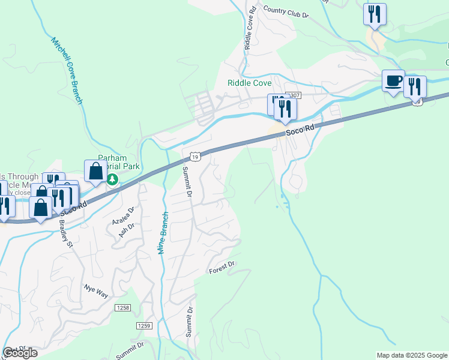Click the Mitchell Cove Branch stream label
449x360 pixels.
tap(66, 71)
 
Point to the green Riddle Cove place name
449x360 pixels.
tap(250, 83)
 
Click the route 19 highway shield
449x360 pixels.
tap(194, 157)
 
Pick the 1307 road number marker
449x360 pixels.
tap(292, 95)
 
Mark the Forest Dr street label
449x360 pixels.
tap(221, 268)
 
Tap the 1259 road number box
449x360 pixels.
tap(144, 325)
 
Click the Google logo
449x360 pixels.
tap(20, 353)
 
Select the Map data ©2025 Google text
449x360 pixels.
tap(412, 355)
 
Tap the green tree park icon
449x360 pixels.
tap(112, 179)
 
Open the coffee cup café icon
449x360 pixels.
tap(393, 81)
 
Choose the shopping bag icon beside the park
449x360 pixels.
tap(95, 171)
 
